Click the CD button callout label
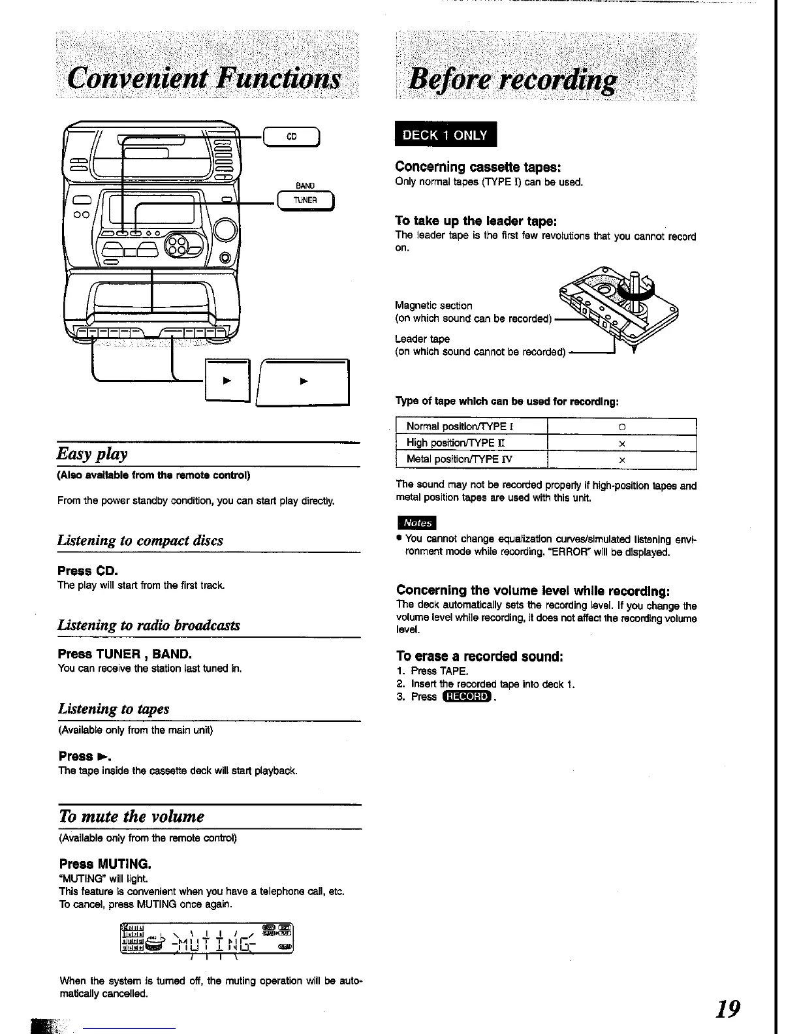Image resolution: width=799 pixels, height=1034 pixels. [x=291, y=137]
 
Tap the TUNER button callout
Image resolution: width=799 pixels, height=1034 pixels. [x=305, y=200]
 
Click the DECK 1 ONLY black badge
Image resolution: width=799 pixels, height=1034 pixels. [x=445, y=135]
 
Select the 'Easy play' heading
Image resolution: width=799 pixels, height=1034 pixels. [x=92, y=454]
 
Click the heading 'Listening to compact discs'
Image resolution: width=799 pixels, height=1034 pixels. [x=140, y=540]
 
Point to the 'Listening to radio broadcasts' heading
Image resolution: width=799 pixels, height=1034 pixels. [x=149, y=625]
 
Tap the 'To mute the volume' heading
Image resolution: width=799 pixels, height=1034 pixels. [x=131, y=817]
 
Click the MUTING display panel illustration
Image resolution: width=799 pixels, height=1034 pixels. [x=208, y=939]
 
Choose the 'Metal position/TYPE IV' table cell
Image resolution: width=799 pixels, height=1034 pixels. [x=460, y=459]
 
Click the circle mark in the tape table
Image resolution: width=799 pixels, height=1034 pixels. [x=622, y=427]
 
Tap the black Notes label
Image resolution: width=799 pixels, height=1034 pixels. [x=416, y=523]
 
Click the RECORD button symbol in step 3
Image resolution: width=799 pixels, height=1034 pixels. [x=466, y=697]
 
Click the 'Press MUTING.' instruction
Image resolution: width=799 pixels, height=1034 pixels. [x=105, y=864]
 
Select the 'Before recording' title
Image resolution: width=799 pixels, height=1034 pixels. [x=512, y=80]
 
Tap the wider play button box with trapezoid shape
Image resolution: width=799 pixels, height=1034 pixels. [x=304, y=383]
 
